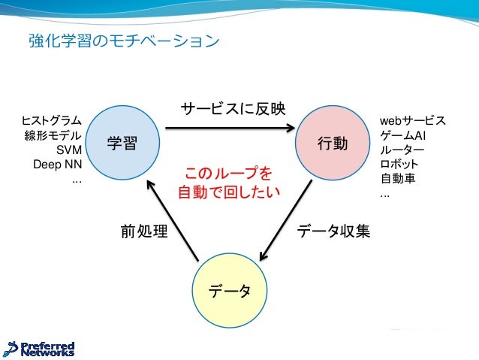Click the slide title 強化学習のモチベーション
tap(124, 39)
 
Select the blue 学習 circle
tap(122, 143)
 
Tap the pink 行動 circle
tap(332, 143)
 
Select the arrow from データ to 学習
tap(173, 219)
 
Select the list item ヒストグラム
tap(52, 121)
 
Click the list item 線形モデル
tap(53, 136)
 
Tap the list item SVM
tap(69, 150)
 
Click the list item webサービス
tap(412, 121)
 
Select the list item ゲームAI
tap(403, 135)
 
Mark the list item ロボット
tap(399, 165)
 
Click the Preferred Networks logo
tap(40, 348)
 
